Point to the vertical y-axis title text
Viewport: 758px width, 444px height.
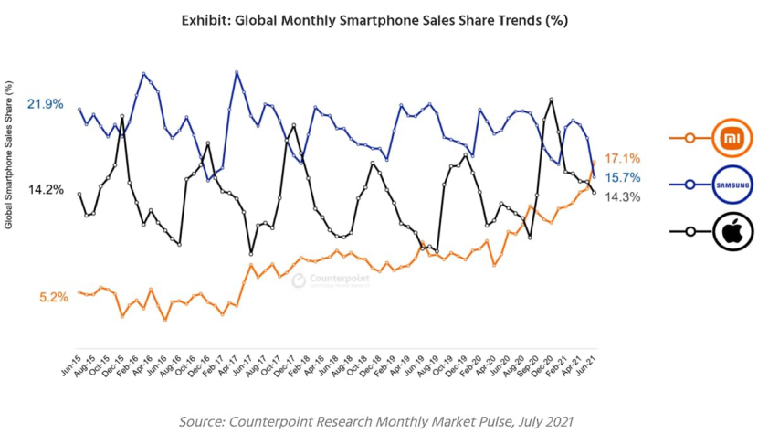click(x=9, y=154)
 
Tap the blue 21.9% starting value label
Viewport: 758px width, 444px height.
click(x=46, y=104)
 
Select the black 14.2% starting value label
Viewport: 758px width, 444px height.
click(x=46, y=189)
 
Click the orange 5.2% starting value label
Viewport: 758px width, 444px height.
click(x=54, y=297)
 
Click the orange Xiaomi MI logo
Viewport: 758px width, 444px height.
click(x=732, y=138)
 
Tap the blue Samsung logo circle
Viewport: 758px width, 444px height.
click(x=732, y=185)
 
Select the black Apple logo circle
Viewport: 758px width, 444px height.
click(x=732, y=233)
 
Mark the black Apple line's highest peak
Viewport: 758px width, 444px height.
click(x=552, y=99)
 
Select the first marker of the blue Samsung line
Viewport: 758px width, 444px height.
click(x=79, y=110)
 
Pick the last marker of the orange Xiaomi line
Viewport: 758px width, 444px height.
click(x=594, y=161)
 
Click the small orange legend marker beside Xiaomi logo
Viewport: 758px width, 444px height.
click(x=690, y=138)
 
